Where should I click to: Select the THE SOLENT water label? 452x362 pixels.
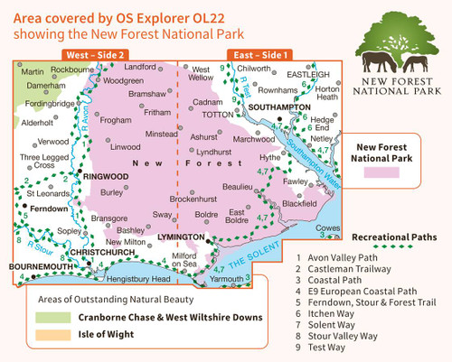[249, 256]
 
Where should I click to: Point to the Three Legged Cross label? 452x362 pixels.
[42, 161]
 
